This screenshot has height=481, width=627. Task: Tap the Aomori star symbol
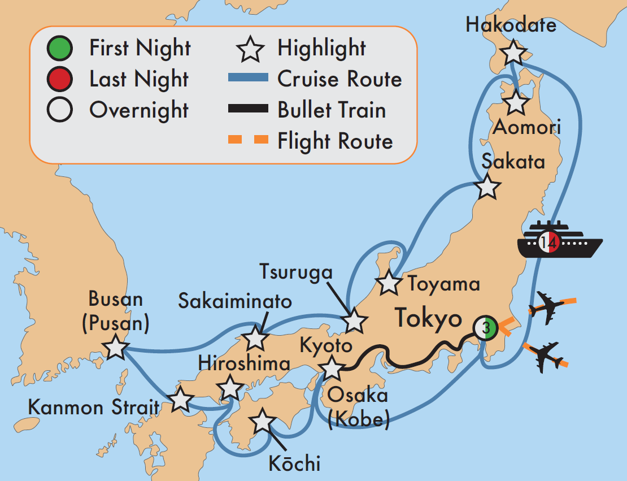tap(516, 102)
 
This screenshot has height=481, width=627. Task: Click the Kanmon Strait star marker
tap(180, 400)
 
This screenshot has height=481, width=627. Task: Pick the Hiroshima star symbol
tap(230, 388)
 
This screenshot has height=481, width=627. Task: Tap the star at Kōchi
tap(262, 422)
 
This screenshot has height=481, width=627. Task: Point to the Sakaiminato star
tap(255, 339)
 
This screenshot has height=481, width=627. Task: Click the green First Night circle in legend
tap(60, 49)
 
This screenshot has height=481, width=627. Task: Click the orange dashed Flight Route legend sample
tap(247, 141)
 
